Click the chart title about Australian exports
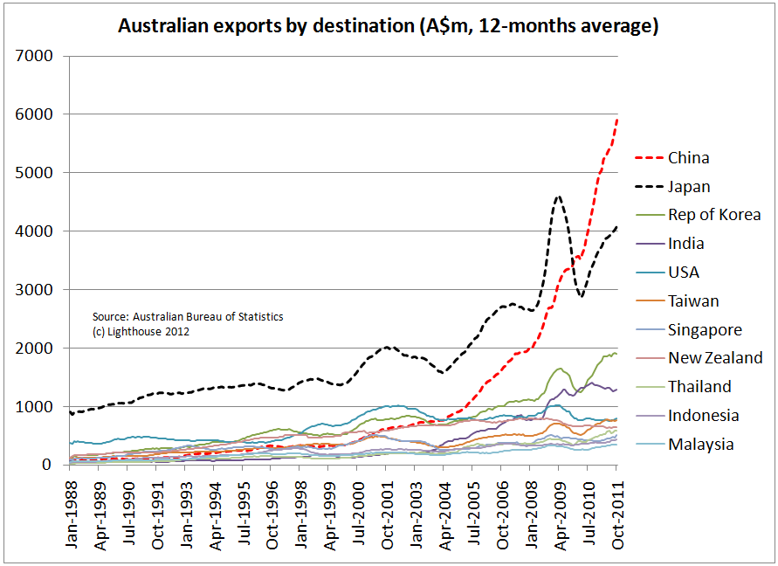(x=388, y=26)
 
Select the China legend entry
(x=688, y=158)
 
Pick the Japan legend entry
(x=689, y=187)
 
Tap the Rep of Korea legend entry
(x=714, y=215)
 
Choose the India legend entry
(x=685, y=244)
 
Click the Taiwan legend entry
(x=693, y=301)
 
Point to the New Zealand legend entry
(x=715, y=358)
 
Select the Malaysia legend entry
(x=700, y=444)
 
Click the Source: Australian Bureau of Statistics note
(x=187, y=317)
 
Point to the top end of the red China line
(x=617, y=119)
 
